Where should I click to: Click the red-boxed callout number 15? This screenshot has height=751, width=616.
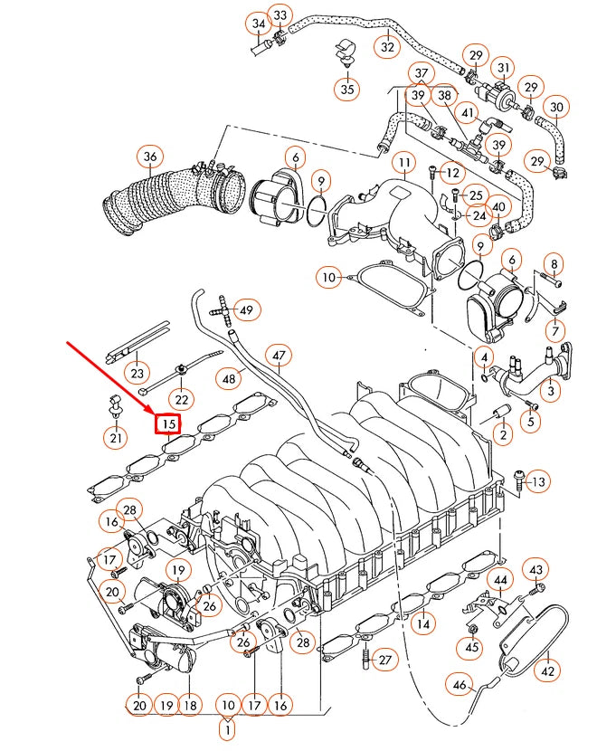click(x=167, y=423)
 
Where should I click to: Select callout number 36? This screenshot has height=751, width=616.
click(x=150, y=158)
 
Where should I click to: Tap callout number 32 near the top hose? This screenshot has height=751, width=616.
click(x=387, y=46)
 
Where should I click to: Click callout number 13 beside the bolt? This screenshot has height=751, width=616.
click(x=537, y=480)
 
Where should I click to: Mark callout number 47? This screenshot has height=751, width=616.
click(x=279, y=356)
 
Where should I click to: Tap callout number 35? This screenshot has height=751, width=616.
click(x=346, y=88)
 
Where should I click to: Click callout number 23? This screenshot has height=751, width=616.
click(x=137, y=373)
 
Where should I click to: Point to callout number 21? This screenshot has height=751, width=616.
click(x=115, y=439)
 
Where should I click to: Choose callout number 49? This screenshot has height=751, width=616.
click(x=246, y=311)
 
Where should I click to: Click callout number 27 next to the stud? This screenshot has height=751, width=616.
click(x=385, y=660)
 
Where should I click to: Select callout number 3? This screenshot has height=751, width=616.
click(x=548, y=391)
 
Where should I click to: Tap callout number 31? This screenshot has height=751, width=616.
click(x=503, y=68)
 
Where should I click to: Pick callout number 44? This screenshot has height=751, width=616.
click(x=500, y=579)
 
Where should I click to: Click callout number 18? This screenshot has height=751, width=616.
click(x=190, y=705)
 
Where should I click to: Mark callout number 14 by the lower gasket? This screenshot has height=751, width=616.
click(x=422, y=623)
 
